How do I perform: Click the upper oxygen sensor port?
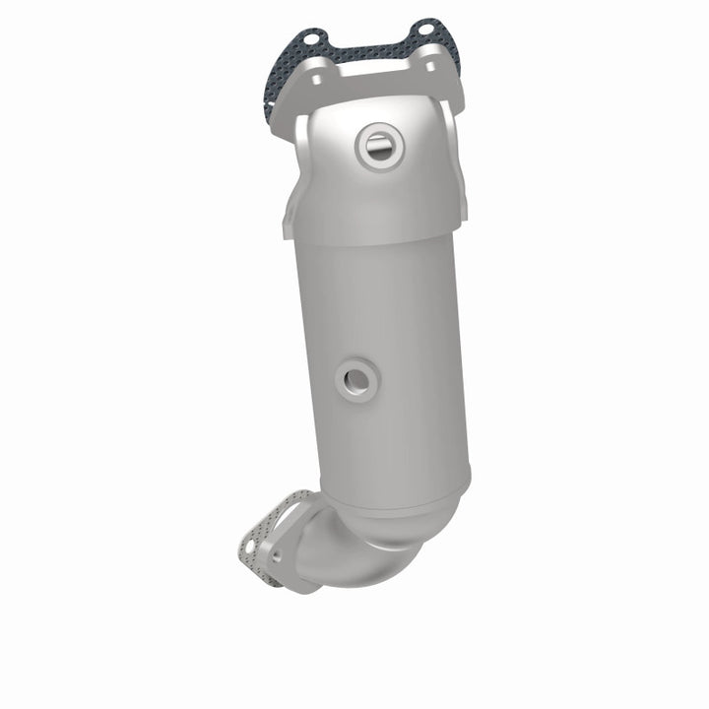(377, 148)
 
